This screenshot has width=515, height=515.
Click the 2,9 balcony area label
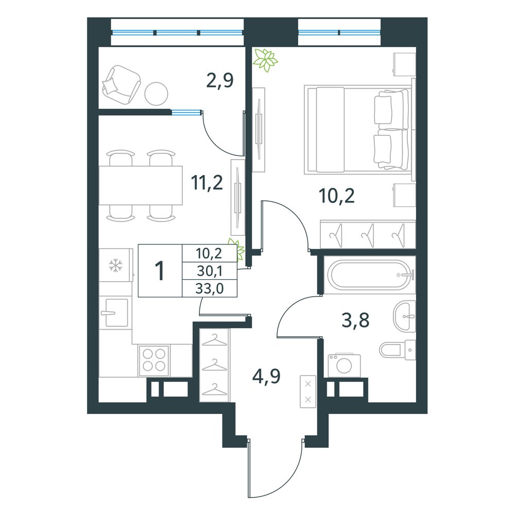[220, 81]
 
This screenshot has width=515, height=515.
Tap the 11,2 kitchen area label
[207, 183]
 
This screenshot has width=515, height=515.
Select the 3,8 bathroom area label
[355, 320]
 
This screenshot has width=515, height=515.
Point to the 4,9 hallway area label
[266, 376]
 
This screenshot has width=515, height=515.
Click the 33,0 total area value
[210, 289]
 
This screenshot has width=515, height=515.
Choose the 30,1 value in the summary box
[210, 271]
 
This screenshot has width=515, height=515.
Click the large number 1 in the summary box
[160, 271]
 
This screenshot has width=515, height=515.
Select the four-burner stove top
[154, 360]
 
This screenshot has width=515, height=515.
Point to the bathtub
[370, 275]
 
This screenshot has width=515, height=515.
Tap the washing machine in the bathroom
[344, 365]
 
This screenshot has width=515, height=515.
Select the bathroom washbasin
[404, 317]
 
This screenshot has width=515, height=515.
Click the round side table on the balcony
[157, 94]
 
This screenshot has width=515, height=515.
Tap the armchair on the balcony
[122, 84]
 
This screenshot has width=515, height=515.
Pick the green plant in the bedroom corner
[266, 60]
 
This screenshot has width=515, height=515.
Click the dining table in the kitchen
[141, 185]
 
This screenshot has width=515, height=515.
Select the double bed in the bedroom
[358, 129]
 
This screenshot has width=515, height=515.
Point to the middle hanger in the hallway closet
[214, 365]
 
